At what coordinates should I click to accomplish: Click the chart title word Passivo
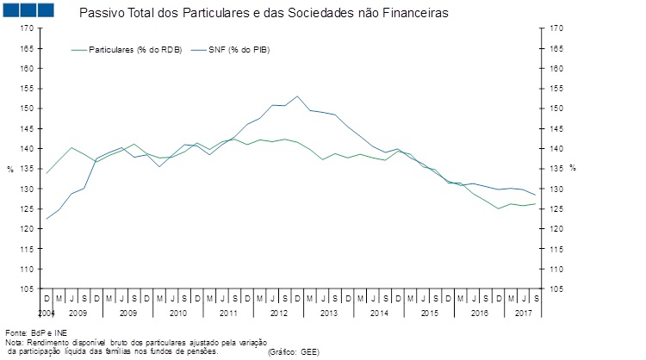(x=99, y=15)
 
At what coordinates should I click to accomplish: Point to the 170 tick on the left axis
(x=28, y=28)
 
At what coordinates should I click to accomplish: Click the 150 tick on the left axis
(x=28, y=109)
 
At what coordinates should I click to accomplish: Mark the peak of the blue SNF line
(x=297, y=96)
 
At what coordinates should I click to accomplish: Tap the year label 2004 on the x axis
(x=47, y=313)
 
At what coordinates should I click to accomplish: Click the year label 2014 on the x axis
(x=379, y=313)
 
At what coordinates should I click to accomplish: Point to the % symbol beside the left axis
(x=10, y=168)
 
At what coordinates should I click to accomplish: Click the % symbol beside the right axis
(x=572, y=168)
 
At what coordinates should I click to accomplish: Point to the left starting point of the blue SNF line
(x=46, y=219)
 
